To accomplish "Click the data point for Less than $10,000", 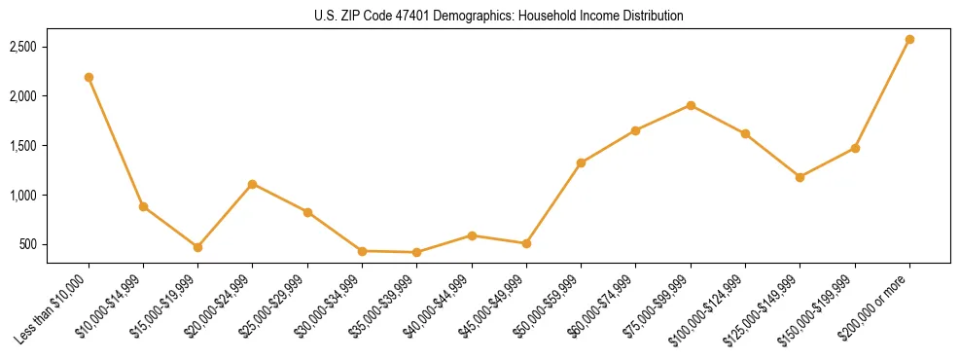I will click(x=89, y=77).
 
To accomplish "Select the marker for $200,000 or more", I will click(x=909, y=39).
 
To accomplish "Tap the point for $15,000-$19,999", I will click(x=197, y=247).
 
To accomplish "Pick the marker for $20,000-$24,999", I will click(x=253, y=184).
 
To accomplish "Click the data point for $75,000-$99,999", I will click(x=691, y=105).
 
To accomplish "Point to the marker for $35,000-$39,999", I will click(x=416, y=252).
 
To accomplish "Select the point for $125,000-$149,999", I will click(x=800, y=177).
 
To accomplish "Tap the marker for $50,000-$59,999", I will click(x=581, y=162).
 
